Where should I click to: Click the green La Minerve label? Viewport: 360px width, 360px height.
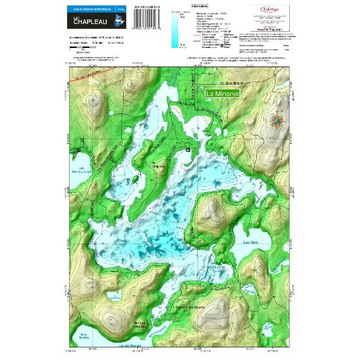pos(223,94)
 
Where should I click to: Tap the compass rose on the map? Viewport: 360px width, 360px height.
pos(277,119)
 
